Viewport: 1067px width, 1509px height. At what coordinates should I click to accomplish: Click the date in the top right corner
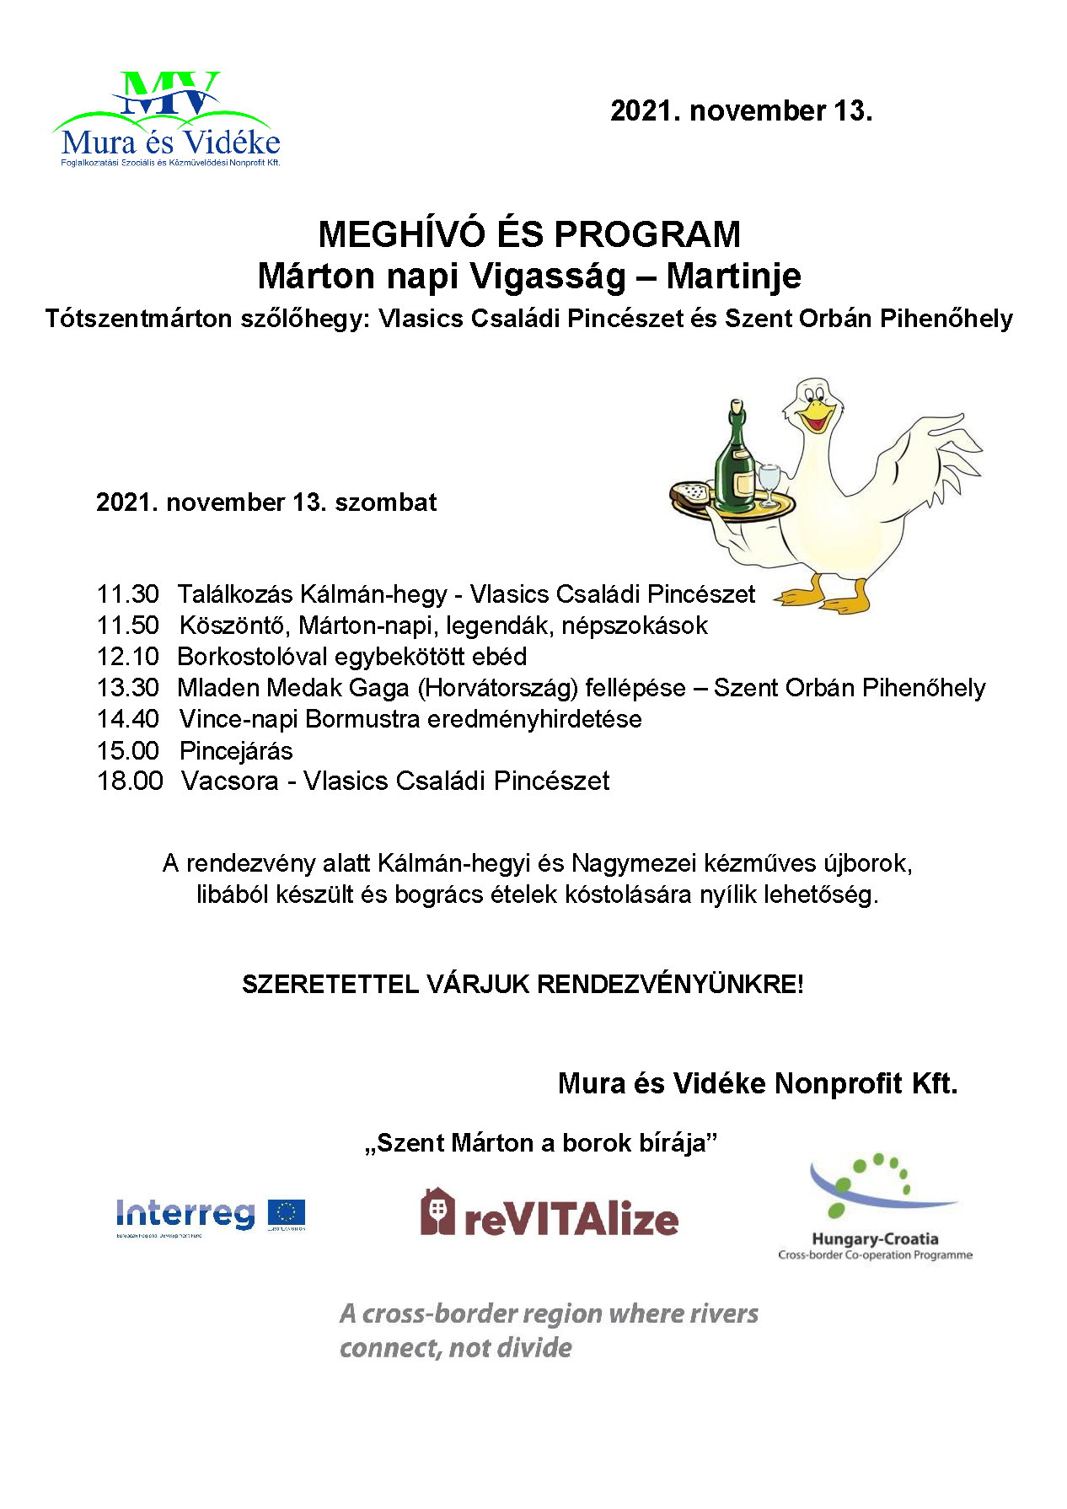pos(741,111)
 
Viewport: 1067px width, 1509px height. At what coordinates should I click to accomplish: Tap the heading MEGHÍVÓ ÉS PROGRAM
pos(529,234)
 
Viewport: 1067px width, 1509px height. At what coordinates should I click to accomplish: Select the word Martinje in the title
pos(733,277)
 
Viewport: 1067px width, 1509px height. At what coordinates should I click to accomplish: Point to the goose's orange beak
pos(818,415)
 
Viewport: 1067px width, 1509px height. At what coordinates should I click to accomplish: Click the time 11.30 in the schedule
pos(128,594)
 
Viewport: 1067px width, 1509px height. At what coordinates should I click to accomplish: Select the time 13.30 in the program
pos(128,688)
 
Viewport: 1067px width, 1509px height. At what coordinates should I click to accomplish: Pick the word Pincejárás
pos(236,750)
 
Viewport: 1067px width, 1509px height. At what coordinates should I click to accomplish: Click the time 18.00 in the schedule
pos(130,781)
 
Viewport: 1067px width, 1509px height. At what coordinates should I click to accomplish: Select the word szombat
pos(386,502)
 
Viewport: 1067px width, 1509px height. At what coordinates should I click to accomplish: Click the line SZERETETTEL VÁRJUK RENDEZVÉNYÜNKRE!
pos(523,984)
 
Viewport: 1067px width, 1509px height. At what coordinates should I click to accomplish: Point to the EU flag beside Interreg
pos(287,1213)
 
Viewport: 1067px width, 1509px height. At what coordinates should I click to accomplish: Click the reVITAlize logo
pos(550,1214)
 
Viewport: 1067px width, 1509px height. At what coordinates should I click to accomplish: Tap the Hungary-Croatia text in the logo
pos(875,1238)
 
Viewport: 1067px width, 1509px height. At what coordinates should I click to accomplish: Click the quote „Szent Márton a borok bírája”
pos(541,1143)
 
